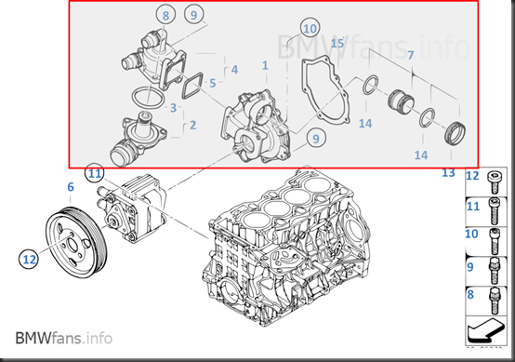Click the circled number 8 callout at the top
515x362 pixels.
(165, 15)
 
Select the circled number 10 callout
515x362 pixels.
(310, 29)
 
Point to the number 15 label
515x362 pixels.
(337, 43)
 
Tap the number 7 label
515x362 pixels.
(411, 55)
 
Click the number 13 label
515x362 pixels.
(448, 172)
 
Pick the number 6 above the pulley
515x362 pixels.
(71, 187)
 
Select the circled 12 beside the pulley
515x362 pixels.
(29, 259)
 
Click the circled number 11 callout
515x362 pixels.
(95, 173)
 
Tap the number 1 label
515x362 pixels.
(265, 65)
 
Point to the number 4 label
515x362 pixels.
(234, 70)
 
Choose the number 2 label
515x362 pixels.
(192, 125)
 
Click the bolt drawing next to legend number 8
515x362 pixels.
(495, 301)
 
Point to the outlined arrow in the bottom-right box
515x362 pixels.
(485, 329)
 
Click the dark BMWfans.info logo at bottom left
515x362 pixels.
(64, 338)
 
